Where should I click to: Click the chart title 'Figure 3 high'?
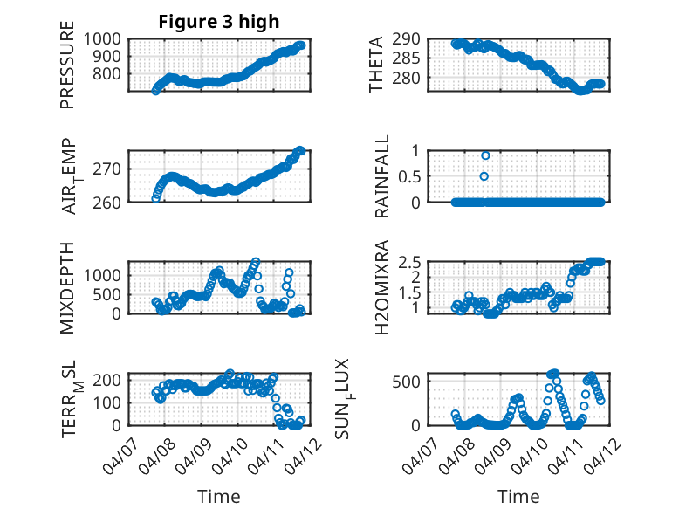point(218,22)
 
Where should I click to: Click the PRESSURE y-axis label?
point(67,65)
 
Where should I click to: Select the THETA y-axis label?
point(376,65)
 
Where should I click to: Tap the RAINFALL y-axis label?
point(382,176)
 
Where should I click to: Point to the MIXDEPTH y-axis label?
point(67,287)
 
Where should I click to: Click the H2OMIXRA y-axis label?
point(382,287)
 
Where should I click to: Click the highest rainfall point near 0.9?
point(485,155)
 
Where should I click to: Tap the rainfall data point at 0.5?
point(484,176)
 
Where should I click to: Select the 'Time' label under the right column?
point(518,496)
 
